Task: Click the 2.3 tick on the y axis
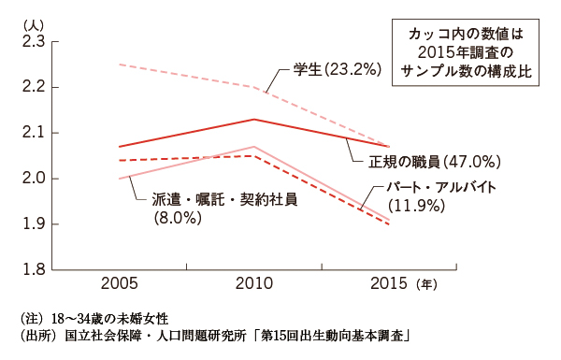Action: coord(32,42)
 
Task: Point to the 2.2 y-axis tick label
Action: coord(32,88)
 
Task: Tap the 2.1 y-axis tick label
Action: coord(32,133)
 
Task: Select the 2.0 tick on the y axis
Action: coord(32,179)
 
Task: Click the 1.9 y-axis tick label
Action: coord(32,224)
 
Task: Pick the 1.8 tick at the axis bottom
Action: coord(32,269)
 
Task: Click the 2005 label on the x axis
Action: coord(121,283)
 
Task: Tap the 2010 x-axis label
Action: coord(254,283)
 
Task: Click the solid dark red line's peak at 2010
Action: coord(254,119)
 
